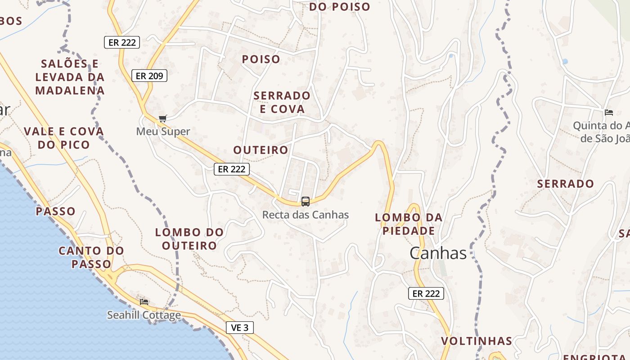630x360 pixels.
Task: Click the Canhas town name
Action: (438, 253)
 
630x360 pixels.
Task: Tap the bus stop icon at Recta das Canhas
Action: (306, 201)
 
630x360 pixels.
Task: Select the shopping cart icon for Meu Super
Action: (163, 119)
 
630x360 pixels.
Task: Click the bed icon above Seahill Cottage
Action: (144, 301)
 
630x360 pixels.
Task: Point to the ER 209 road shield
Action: (149, 76)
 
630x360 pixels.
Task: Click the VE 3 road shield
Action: (239, 328)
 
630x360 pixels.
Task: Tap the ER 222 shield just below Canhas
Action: (426, 293)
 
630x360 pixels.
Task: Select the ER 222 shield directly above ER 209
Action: (122, 42)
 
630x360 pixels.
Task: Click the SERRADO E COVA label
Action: (282, 102)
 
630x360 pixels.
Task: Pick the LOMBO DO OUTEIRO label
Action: (189, 239)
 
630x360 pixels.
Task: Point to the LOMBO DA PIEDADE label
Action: (409, 224)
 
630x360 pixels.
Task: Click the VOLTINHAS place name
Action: (477, 341)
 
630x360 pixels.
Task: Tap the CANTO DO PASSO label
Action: (91, 257)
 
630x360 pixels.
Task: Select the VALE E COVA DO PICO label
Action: (64, 138)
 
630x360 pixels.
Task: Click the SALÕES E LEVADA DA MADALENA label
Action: (70, 77)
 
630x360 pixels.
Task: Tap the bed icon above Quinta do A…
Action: (609, 112)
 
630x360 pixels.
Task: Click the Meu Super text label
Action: (163, 131)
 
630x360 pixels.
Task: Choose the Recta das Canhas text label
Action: (306, 215)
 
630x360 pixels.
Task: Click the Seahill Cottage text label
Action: (144, 315)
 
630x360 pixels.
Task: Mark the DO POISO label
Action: (340, 7)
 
